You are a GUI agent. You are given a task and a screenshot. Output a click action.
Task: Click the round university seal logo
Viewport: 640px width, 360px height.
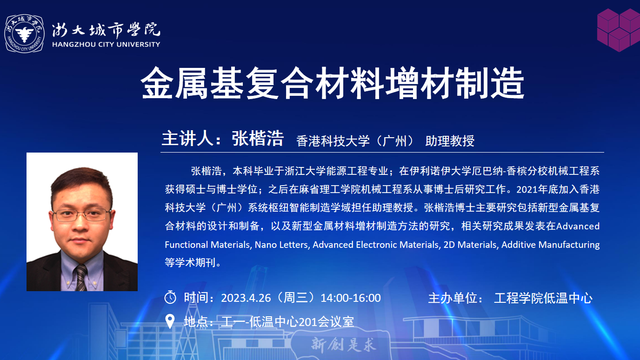pyautogui.click(x=25, y=33)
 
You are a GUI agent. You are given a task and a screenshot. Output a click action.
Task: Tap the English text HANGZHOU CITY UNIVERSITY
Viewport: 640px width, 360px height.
pyautogui.click(x=106, y=44)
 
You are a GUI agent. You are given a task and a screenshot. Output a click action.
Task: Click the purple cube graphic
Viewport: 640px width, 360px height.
pyautogui.click(x=619, y=30)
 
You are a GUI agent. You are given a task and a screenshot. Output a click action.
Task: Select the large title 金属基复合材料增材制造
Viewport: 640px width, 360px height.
pyautogui.click(x=332, y=83)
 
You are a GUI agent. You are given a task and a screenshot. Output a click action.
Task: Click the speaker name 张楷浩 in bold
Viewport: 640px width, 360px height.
pyautogui.click(x=258, y=139)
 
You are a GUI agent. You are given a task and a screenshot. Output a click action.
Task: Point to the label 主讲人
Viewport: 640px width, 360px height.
pyautogui.click(x=188, y=139)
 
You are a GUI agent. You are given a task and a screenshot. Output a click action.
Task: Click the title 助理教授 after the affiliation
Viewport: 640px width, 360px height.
pyautogui.click(x=450, y=141)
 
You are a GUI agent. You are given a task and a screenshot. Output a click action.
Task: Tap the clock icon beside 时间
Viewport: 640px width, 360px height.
pyautogui.click(x=170, y=297)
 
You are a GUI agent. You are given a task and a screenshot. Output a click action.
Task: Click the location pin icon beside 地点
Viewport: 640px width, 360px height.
pyautogui.click(x=170, y=321)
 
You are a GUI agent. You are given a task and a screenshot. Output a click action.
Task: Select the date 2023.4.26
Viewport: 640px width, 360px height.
pyautogui.click(x=246, y=298)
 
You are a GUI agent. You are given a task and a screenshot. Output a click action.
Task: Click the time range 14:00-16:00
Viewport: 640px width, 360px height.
pyautogui.click(x=351, y=298)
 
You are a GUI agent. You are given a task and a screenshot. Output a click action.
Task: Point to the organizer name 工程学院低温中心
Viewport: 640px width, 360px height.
pyautogui.click(x=543, y=298)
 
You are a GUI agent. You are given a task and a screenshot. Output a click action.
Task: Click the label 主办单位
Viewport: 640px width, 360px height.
pyautogui.click(x=453, y=298)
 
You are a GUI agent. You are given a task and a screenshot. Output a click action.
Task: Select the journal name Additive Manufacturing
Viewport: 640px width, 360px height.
pyautogui.click(x=550, y=245)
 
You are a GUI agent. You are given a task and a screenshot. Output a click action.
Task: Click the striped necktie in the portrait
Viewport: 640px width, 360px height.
pyautogui.click(x=81, y=277)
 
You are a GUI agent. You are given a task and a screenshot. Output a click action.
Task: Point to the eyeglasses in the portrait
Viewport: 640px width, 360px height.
pyautogui.click(x=81, y=215)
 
